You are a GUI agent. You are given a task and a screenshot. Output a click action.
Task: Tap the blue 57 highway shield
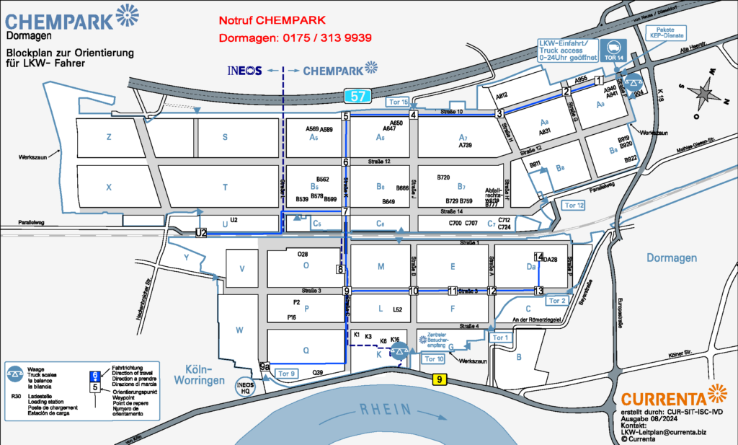click(x=357, y=94)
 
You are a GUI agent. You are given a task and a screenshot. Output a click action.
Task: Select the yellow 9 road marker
click(x=439, y=379)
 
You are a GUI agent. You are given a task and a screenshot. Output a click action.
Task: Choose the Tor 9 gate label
click(x=287, y=373)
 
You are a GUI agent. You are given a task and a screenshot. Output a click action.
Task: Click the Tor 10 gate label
click(x=433, y=358)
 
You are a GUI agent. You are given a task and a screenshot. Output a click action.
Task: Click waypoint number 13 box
click(x=538, y=291)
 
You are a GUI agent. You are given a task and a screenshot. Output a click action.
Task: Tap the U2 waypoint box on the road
click(x=201, y=232)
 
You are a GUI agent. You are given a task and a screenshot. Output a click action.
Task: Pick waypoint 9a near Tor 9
click(x=264, y=366)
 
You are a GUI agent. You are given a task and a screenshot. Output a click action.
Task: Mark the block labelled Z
click(x=109, y=136)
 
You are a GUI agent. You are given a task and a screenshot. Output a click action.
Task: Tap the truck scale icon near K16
click(x=399, y=351)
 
